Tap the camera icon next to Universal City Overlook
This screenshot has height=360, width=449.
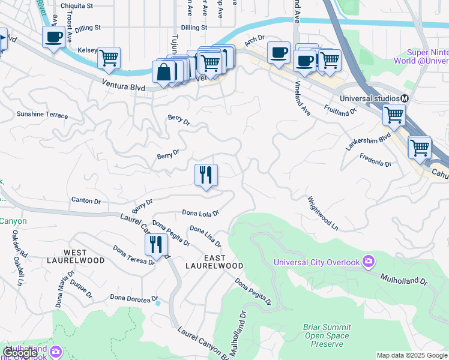(368, 262)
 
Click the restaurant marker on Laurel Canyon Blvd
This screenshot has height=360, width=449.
(156, 245)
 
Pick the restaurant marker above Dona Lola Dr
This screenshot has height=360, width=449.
(206, 175)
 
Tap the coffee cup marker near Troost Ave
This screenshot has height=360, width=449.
(53, 37)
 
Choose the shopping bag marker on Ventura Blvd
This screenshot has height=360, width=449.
(163, 71)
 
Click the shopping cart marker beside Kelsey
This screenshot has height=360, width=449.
(109, 58)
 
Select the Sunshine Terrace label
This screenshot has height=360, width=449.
(42, 114)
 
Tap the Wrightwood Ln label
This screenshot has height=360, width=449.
(323, 214)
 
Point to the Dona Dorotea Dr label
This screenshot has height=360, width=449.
(134, 298)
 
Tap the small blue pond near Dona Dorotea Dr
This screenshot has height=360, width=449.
(158, 304)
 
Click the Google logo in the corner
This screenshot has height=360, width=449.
(20, 353)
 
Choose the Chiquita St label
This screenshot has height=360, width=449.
(77, 6)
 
